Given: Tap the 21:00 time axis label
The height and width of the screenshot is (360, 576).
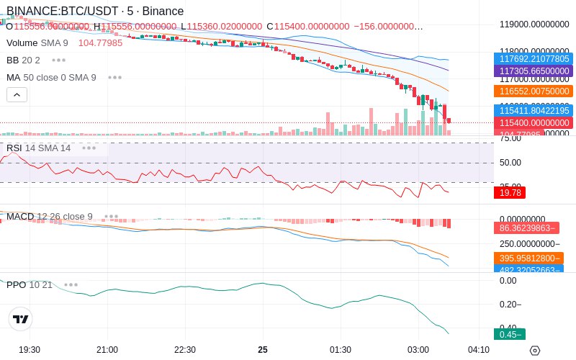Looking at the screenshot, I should pos(107,350).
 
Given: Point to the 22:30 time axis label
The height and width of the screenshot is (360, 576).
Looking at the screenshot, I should pos(185,350).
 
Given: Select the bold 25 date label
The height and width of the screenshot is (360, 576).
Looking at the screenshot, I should pos(263,350).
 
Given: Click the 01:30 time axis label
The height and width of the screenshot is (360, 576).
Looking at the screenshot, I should pos(341,350).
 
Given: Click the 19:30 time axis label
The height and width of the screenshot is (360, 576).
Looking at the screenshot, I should pos(30,350).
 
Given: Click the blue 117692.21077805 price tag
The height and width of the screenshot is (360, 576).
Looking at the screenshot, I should pos(532,59).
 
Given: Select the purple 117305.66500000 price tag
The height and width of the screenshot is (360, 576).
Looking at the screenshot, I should pos(532,71).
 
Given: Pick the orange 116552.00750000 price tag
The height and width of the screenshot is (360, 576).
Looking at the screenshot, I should pos(532,91).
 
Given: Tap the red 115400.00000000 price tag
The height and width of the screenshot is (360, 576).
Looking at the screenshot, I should pos(532,123).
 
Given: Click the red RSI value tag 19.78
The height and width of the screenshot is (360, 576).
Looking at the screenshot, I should pos(510,192).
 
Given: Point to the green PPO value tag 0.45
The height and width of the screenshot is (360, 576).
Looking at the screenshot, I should pos(510,334).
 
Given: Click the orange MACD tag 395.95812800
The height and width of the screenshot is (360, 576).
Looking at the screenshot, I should pos(528,258).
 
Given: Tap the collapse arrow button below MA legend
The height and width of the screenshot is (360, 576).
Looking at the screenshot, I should pos(17,94).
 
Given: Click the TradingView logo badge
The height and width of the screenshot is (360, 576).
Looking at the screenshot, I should pos(21,319).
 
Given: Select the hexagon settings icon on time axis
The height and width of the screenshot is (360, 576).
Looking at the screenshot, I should pos(534,351).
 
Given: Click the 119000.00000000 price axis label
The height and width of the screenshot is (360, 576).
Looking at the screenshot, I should pos(534,24).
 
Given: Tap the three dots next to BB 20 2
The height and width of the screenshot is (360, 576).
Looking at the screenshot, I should pos(58,60).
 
